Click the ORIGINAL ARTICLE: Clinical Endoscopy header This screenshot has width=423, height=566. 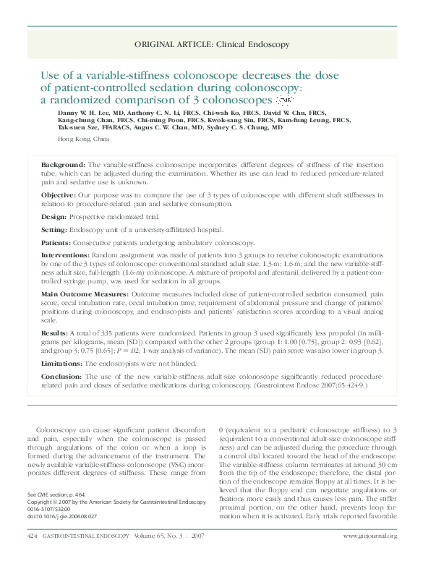click(212, 45)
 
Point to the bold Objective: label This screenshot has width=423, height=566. click(58, 195)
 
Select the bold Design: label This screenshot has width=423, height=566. click(54, 216)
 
